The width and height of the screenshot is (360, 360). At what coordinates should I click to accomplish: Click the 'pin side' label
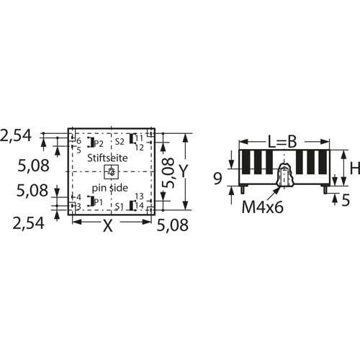coord(109,188)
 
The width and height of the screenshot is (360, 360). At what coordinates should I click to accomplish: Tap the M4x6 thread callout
coord(263,207)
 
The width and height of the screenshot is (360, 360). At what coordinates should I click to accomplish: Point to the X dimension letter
coord(108,226)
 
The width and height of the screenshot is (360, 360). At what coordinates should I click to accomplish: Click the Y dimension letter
coord(183,171)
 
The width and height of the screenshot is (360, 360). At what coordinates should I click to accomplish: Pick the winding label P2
coord(99,143)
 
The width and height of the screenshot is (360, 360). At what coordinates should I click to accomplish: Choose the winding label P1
coord(99,202)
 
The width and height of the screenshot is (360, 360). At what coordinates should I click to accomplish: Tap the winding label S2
coord(120,142)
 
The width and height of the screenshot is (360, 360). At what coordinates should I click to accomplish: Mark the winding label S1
coord(120,207)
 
